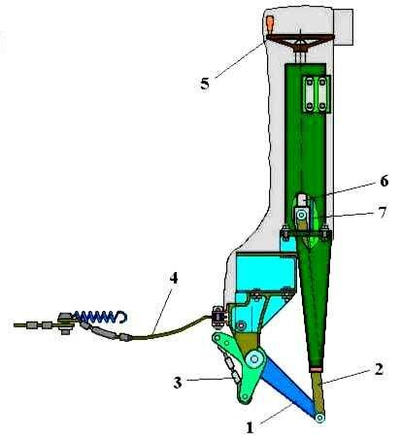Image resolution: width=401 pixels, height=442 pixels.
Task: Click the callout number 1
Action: pyautogui.click(x=250, y=427)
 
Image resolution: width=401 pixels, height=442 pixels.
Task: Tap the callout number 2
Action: pyautogui.click(x=379, y=369)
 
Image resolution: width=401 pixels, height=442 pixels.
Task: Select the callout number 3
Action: pyautogui.click(x=178, y=383)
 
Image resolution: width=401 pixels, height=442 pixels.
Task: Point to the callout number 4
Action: pyautogui.click(x=174, y=278)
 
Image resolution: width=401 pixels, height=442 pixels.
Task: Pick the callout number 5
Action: pyautogui.click(x=205, y=84)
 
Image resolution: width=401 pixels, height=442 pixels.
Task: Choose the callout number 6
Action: pyautogui.click(x=384, y=181)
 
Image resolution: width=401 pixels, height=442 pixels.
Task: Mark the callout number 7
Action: pyautogui.click(x=383, y=213)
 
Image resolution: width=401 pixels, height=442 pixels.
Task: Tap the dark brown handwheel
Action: pyautogui.click(x=300, y=41)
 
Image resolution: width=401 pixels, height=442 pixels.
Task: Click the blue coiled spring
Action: pyautogui.click(x=99, y=317)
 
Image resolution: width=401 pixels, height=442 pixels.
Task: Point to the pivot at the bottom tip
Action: pyautogui.click(x=319, y=418)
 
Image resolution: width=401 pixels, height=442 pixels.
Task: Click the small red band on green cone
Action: pyautogui.click(x=316, y=369)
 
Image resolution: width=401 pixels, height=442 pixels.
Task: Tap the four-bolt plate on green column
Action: pyautogui.click(x=316, y=94)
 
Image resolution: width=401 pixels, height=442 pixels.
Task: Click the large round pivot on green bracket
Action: pyautogui.click(x=254, y=359)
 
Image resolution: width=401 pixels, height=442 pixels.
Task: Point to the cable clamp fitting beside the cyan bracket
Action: pyautogui.click(x=219, y=316)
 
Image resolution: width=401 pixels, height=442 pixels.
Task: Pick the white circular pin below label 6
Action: pyautogui.click(x=302, y=215)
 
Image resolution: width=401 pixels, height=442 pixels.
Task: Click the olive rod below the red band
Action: pyautogui.click(x=317, y=391)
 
